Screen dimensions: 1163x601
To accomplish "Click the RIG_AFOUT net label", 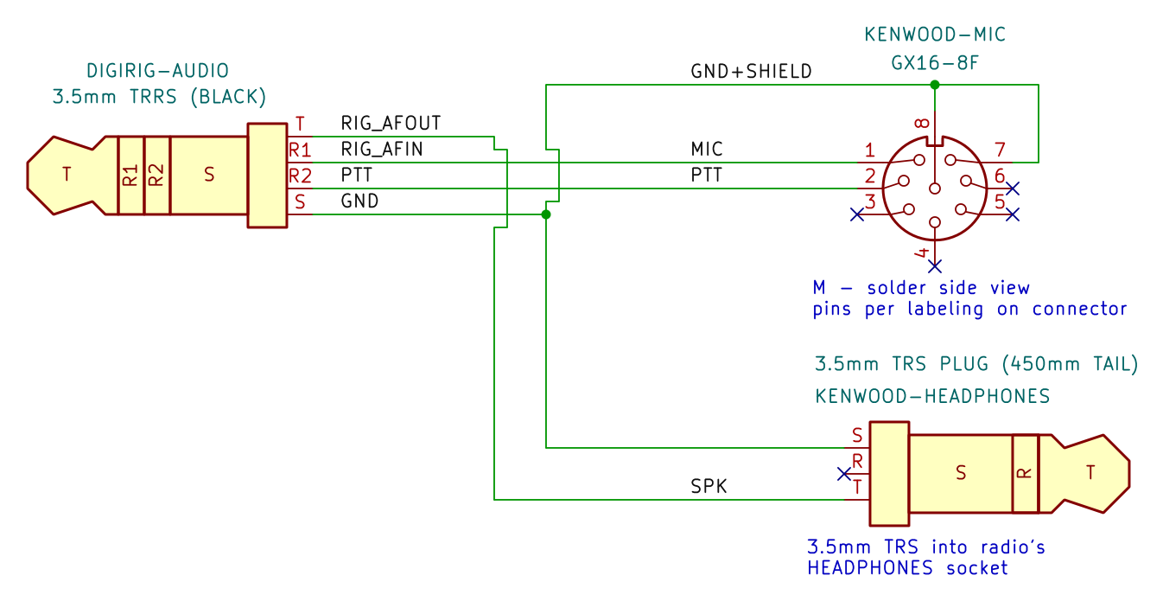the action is click(x=391, y=123).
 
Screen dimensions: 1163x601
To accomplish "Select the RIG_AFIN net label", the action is click(x=382, y=149).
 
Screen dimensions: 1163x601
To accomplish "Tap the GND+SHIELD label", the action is click(x=751, y=71).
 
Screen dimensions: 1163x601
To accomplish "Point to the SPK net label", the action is click(x=709, y=486).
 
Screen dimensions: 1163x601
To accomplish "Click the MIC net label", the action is click(x=706, y=149).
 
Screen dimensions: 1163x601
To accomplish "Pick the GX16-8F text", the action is click(x=935, y=63).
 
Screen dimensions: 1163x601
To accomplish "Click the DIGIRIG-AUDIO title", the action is click(x=157, y=71).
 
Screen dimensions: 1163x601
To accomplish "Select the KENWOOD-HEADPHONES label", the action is click(x=932, y=396).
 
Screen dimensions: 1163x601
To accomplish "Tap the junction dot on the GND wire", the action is click(x=546, y=214).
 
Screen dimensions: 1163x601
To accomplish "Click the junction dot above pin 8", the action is click(x=935, y=84).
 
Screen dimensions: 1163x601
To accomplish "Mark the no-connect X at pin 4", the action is click(x=935, y=266).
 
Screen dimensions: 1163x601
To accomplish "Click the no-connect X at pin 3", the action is click(x=856, y=214).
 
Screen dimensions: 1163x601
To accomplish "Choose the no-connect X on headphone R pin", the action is click(x=844, y=474).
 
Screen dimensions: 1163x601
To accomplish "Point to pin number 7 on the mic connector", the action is click(x=1000, y=150).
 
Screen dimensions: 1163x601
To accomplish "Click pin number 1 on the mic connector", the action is click(x=869, y=150).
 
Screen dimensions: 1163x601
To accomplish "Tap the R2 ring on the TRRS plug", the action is click(x=156, y=175).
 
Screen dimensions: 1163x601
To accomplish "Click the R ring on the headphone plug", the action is click(x=1025, y=473).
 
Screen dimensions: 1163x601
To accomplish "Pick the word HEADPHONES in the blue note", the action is click(x=869, y=568).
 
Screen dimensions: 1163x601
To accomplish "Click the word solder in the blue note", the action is click(x=897, y=287).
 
